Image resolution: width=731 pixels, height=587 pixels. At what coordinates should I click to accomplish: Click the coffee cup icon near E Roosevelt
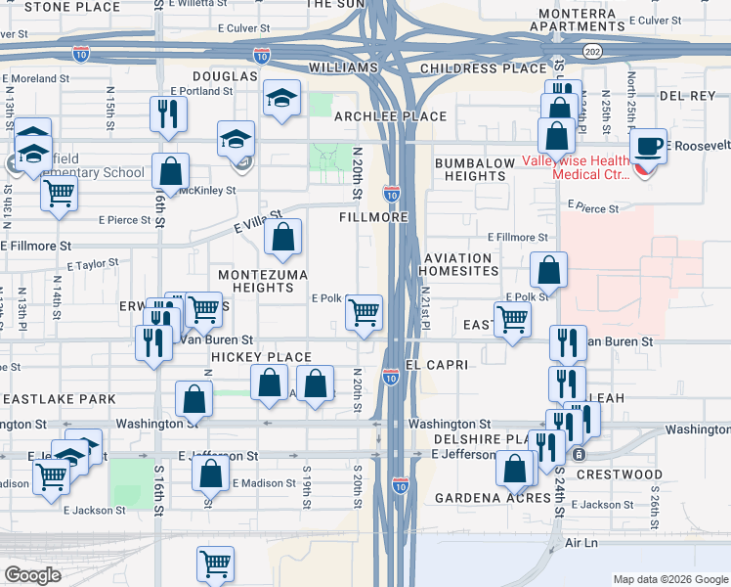click(x=648, y=147)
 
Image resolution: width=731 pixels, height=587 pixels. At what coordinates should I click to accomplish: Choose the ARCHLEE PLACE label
click(x=390, y=116)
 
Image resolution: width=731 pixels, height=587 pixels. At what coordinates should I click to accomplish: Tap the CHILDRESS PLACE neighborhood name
click(x=484, y=68)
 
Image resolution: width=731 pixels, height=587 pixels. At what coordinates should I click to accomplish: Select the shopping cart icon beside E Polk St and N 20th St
click(x=364, y=313)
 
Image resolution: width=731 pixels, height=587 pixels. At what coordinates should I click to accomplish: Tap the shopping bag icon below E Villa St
click(x=282, y=237)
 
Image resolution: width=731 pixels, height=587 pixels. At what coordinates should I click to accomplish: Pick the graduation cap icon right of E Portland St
click(x=281, y=98)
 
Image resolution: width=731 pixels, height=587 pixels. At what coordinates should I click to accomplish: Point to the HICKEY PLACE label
click(x=262, y=357)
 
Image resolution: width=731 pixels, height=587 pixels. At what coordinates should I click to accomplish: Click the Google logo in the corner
click(x=33, y=575)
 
